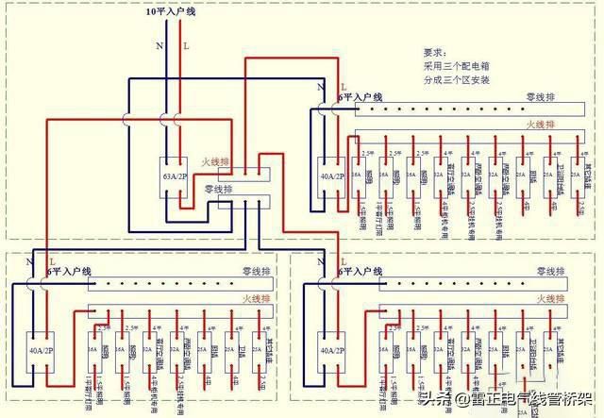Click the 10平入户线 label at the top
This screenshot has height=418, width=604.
170,13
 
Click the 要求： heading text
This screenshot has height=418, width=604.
435,54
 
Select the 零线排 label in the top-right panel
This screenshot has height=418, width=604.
543,98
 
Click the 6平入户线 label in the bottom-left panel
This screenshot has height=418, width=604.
71,272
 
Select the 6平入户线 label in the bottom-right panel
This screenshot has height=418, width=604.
360,272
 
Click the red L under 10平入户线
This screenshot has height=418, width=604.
186,44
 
